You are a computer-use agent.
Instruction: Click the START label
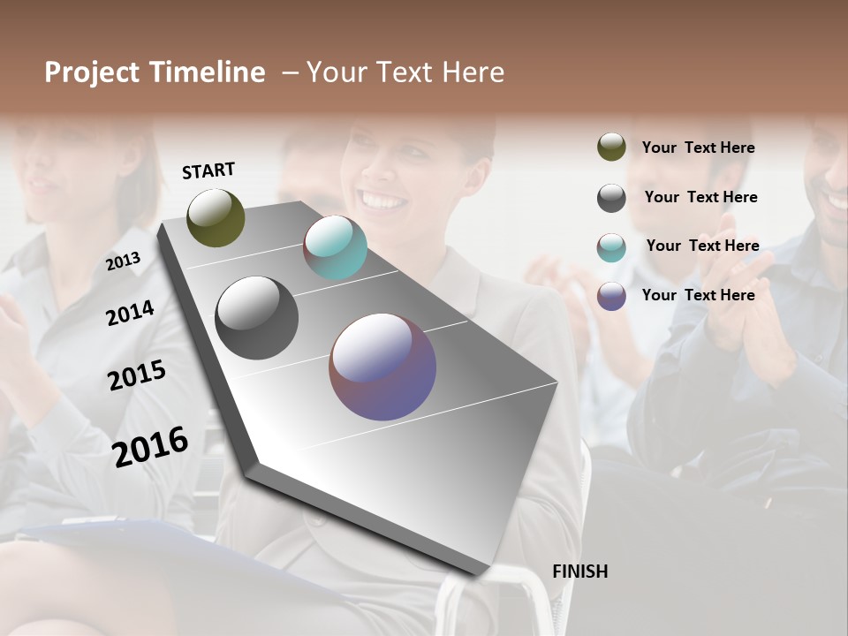coord(208,170)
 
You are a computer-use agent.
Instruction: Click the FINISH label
coord(579,572)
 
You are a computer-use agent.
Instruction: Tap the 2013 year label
coord(124,261)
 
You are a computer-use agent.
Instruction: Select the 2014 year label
coord(131,313)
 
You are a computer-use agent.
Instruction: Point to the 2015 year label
coord(137,375)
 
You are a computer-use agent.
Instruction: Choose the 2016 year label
coord(150,446)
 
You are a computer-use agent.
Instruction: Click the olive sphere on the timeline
coord(216,217)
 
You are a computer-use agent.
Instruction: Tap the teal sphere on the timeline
coord(335,247)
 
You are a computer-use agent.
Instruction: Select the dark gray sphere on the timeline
coord(256,318)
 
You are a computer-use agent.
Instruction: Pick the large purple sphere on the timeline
coord(382,367)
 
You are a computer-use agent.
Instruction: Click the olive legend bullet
coord(611,148)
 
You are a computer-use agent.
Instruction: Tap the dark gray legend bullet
coord(611,198)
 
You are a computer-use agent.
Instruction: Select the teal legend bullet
coord(611,247)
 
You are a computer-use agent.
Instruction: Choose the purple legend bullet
coord(611,296)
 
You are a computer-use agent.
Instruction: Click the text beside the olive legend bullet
coord(698,148)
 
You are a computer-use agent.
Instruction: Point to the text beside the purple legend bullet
coord(698,295)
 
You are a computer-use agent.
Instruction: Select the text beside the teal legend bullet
coord(702,246)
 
